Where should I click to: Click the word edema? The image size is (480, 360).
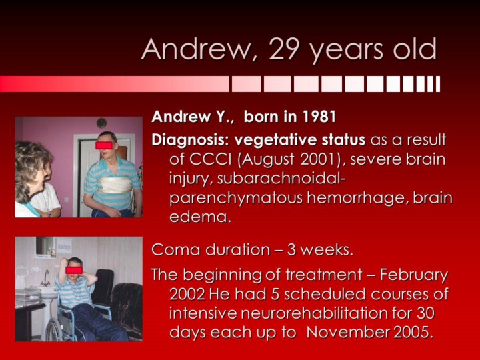coord(199,217)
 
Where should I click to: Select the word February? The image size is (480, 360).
coord(414,275)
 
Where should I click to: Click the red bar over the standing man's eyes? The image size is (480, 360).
coord(104,145)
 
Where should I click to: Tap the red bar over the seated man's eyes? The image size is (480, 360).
coord(74,270)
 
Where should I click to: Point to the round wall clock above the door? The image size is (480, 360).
coord(101,123)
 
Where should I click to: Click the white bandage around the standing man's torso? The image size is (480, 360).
coord(113,185)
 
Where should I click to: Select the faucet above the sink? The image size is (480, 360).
coord(45,278)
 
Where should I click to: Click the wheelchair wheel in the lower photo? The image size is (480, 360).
coord(56,330)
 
